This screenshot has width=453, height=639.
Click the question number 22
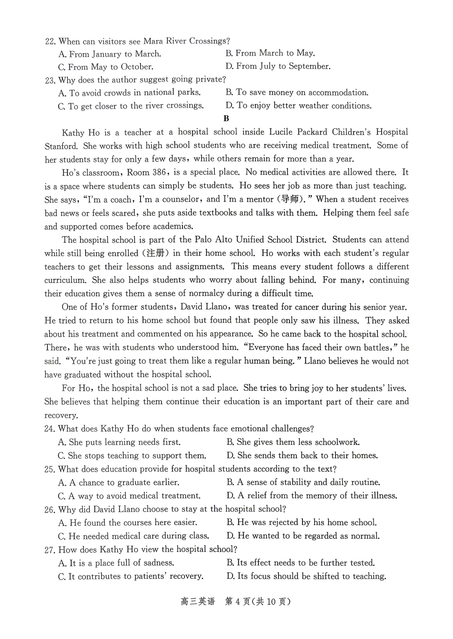[x=49, y=41]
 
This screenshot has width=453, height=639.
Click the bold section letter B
[x=226, y=119]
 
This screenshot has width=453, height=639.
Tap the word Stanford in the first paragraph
[x=61, y=146]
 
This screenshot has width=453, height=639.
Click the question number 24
[x=49, y=429]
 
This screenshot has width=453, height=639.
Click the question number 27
[x=49, y=550]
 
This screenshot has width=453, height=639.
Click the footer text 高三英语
[x=198, y=602]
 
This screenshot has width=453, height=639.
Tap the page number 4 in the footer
[x=237, y=602]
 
